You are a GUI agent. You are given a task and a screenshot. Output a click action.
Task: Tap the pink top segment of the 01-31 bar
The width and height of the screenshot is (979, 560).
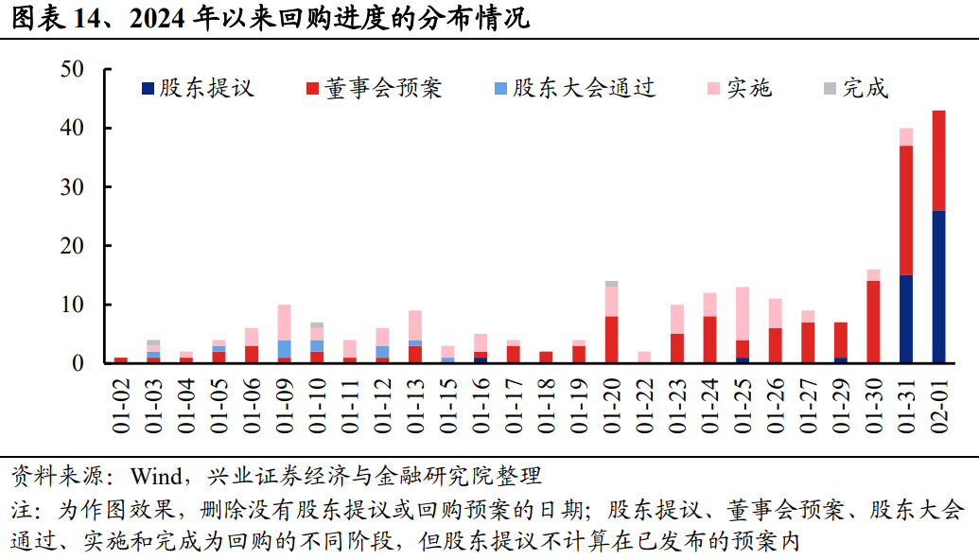906,136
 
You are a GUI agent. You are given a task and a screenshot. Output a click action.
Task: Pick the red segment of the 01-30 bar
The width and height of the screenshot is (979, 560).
873,322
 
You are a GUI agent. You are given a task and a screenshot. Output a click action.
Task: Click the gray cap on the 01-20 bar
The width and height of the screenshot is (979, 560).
611,283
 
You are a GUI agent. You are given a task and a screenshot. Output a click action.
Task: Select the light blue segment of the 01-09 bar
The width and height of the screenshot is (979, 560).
284,348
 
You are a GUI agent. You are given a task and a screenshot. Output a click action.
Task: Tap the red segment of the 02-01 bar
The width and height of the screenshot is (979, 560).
938,160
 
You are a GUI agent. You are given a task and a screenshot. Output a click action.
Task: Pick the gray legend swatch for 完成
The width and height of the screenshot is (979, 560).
829,88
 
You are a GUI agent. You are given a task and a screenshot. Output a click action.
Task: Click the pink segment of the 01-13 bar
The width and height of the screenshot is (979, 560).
414,325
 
